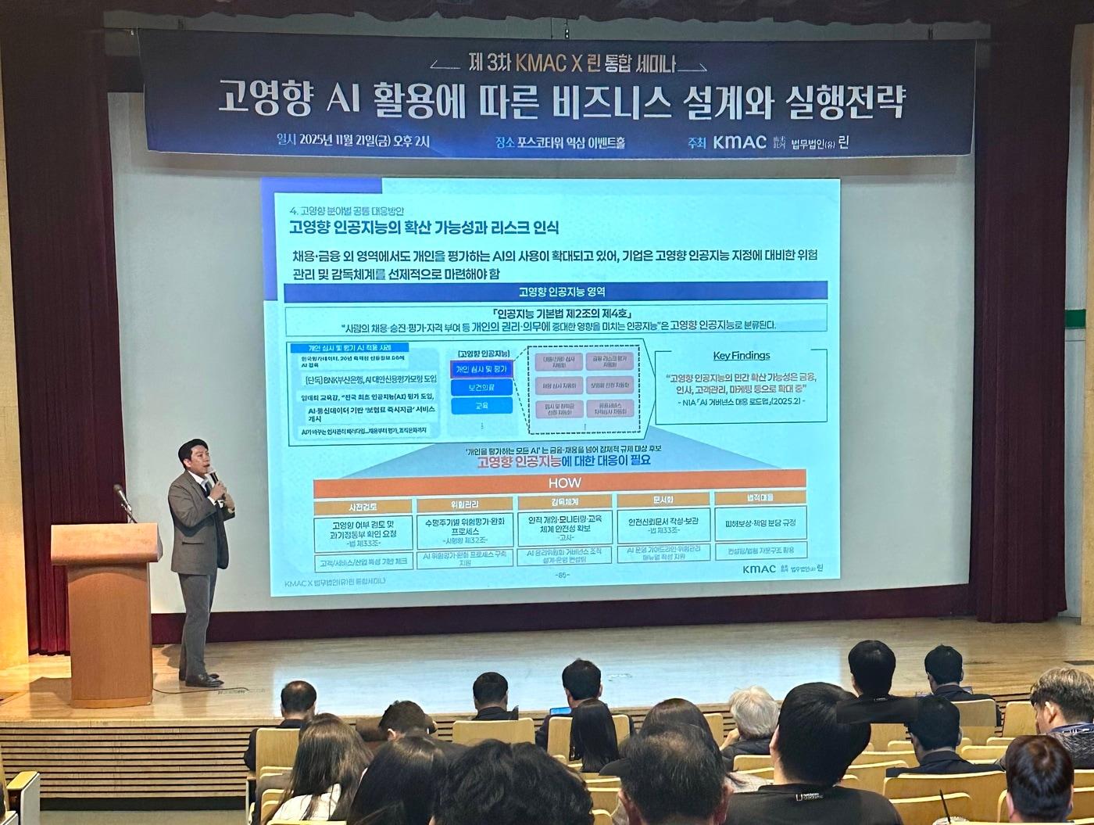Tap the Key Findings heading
[741, 355]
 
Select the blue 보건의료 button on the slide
[481, 387]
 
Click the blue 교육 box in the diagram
[481, 406]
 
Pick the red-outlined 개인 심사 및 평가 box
[481, 368]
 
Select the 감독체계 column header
[565, 502]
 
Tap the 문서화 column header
[663, 500]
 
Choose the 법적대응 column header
[760, 497]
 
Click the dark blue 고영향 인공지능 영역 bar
[555, 291]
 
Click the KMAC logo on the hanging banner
[739, 142]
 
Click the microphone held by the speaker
[213, 475]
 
